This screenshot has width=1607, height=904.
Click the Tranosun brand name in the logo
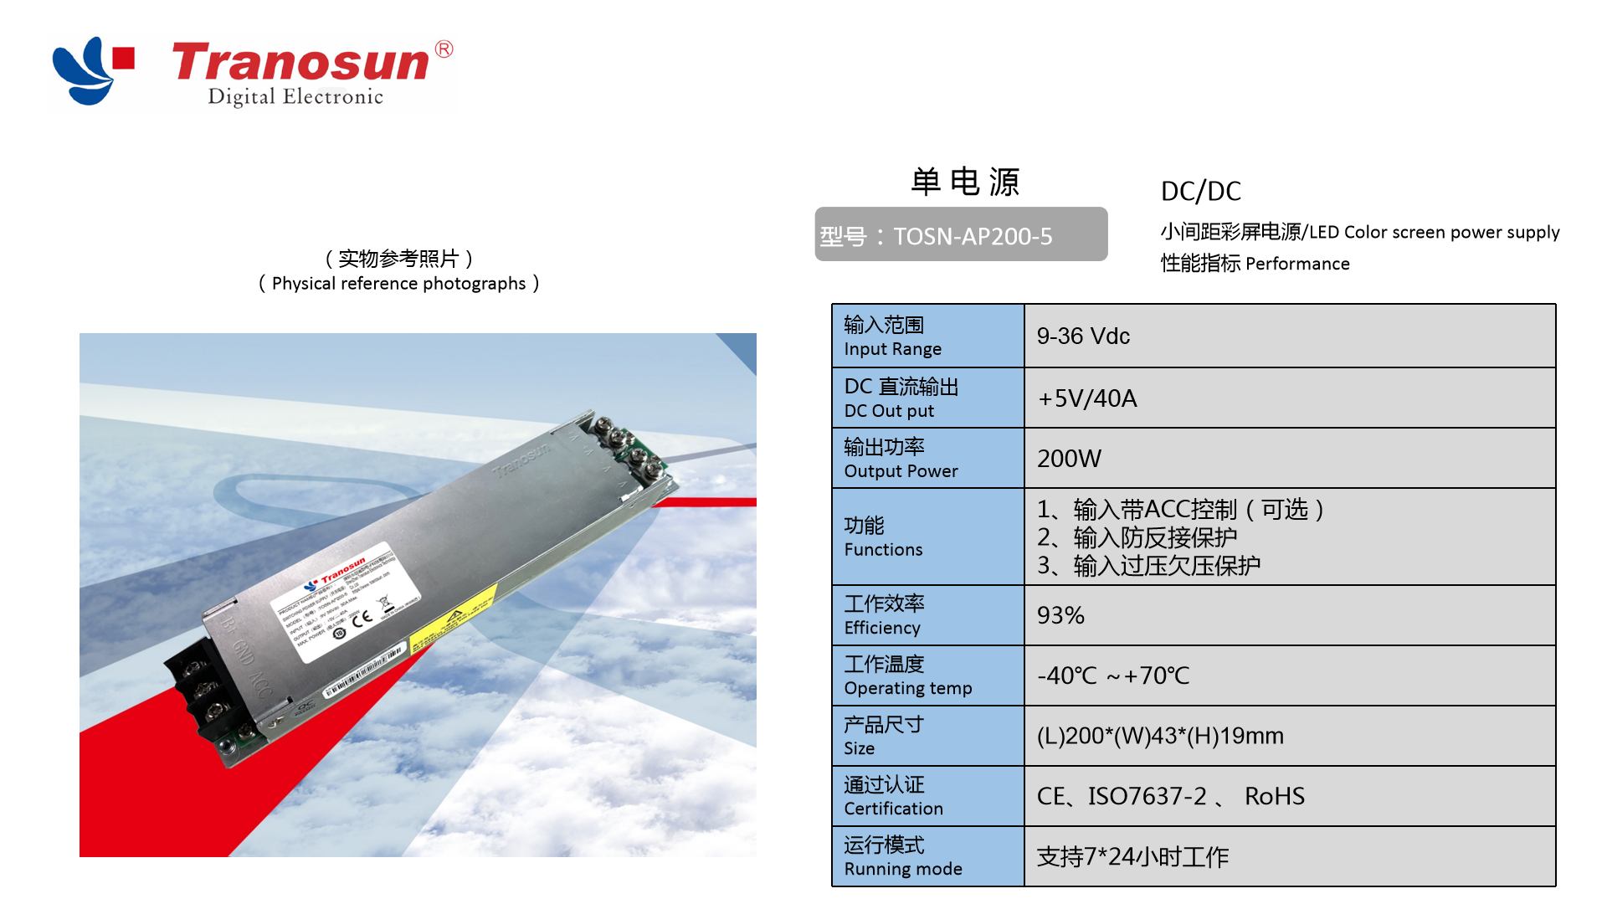[x=301, y=63]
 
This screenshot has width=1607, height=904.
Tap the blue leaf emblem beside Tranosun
[x=84, y=71]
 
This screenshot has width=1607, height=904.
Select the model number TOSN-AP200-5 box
[x=961, y=235]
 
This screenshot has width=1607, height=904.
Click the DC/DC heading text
[x=1200, y=192]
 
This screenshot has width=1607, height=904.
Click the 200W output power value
[x=1069, y=459]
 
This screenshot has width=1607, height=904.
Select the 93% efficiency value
[x=1060, y=615]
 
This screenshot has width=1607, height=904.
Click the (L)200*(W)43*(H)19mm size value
[x=1160, y=736]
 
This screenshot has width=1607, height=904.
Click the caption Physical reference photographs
[x=399, y=284]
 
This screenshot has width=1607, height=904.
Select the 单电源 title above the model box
[x=965, y=182]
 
